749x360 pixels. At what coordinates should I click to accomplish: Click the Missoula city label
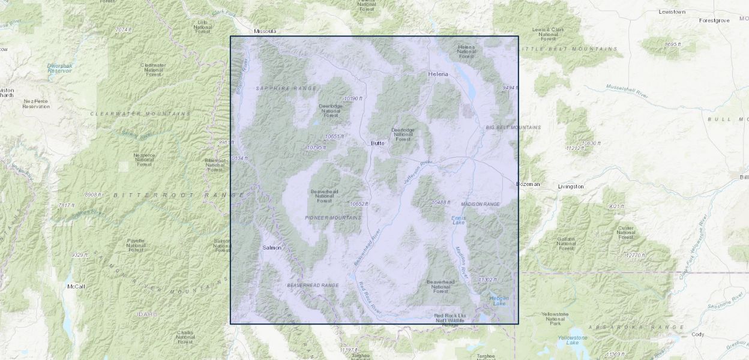pyautogui.click(x=265, y=31)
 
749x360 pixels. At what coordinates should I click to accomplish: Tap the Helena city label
pyautogui.click(x=438, y=74)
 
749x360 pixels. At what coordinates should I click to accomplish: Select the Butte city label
pyautogui.click(x=377, y=143)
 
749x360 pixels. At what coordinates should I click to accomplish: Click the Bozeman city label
pyautogui.click(x=528, y=184)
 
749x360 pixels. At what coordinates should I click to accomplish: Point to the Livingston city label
pyautogui.click(x=570, y=187)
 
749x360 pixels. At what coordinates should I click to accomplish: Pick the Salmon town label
pyautogui.click(x=271, y=248)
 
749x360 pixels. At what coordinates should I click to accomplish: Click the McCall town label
pyautogui.click(x=76, y=287)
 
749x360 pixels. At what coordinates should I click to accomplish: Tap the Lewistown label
pyautogui.click(x=672, y=11)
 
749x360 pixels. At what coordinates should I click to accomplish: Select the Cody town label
pyautogui.click(x=697, y=334)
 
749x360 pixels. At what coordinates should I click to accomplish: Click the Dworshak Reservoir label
pyautogui.click(x=59, y=68)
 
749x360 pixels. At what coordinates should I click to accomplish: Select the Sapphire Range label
pyautogui.click(x=277, y=88)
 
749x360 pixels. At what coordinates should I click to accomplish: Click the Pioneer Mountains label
pyautogui.click(x=333, y=218)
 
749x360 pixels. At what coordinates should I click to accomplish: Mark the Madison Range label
pyautogui.click(x=480, y=205)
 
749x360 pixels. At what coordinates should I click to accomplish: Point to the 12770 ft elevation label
pyautogui.click(x=635, y=256)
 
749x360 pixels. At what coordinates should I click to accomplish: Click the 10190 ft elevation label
pyautogui.click(x=353, y=98)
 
